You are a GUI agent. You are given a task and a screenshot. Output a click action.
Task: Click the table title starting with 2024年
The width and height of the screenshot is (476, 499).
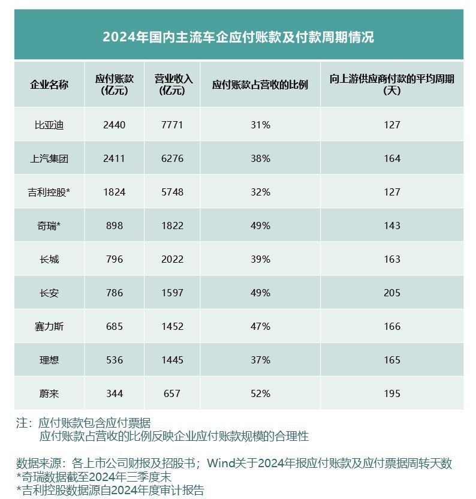(238, 37)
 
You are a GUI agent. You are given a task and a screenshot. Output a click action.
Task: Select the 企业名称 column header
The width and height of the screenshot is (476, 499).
(49, 85)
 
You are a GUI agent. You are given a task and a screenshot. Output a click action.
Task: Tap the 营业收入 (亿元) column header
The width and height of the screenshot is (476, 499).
(172, 85)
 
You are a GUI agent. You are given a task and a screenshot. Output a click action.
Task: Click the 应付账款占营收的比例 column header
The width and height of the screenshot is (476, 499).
(260, 85)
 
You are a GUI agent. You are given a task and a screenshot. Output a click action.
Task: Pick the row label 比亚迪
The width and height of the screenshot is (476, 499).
(49, 125)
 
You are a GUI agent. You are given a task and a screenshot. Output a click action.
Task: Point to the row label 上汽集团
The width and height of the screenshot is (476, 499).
(49, 158)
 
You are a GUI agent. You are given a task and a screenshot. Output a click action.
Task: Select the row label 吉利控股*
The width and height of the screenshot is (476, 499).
(49, 192)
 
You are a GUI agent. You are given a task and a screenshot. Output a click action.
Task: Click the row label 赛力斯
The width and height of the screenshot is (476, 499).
(49, 326)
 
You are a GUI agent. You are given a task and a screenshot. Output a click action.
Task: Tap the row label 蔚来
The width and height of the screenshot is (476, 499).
(49, 393)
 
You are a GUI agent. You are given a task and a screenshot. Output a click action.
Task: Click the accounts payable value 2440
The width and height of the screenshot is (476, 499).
(114, 125)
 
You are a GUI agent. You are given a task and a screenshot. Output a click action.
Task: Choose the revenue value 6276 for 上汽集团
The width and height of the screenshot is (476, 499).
(172, 158)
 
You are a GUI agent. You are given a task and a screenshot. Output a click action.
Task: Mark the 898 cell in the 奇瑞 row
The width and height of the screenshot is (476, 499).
(114, 226)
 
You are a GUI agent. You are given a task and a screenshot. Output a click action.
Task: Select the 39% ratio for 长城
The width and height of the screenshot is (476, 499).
(261, 259)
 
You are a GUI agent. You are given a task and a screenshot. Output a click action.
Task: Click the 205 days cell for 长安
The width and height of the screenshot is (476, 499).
(391, 293)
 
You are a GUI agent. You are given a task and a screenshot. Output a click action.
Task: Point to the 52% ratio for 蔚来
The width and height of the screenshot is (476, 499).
(261, 393)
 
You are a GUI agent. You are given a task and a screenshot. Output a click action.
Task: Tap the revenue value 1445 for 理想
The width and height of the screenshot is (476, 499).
(172, 360)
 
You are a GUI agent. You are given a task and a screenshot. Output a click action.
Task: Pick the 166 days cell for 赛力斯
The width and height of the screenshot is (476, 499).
(391, 326)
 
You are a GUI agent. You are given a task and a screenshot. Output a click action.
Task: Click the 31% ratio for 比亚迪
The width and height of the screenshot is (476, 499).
(261, 125)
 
